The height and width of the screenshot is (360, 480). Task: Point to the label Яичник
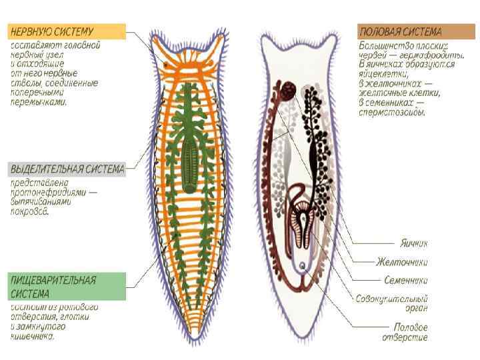pos(413,243)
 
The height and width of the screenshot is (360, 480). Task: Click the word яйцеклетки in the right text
pos(383,75)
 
